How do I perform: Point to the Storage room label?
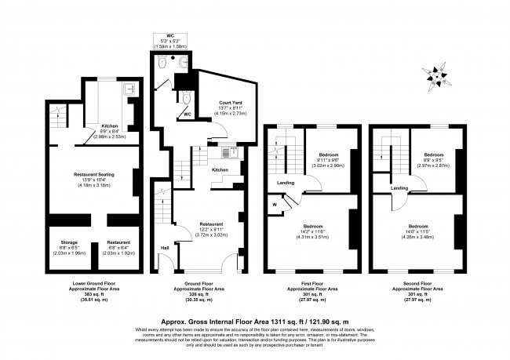(x=66, y=246)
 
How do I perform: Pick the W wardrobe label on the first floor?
(x=275, y=205)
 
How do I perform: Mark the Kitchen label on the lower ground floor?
(x=108, y=129)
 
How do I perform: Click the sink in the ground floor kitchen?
(x=231, y=151)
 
